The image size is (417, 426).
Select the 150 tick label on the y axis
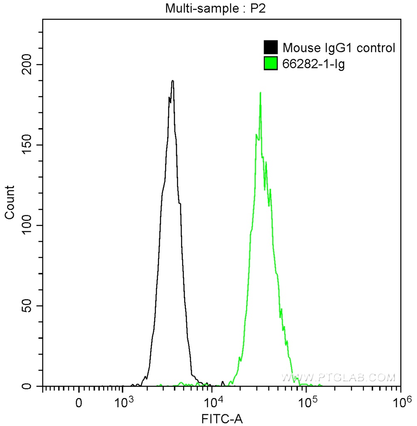[x=27, y=145]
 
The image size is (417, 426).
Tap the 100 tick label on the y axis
[x=27, y=225]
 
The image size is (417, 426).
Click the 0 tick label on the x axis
[x=79, y=403]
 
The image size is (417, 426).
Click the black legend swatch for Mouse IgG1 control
[x=271, y=47]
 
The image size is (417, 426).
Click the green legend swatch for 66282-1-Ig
[x=271, y=64]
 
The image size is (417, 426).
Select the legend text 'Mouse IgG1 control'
[x=338, y=48]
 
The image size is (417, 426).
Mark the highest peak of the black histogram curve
[x=172, y=81]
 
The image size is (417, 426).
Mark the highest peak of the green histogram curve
[x=260, y=93]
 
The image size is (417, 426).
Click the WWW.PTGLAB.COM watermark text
[x=339, y=378]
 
